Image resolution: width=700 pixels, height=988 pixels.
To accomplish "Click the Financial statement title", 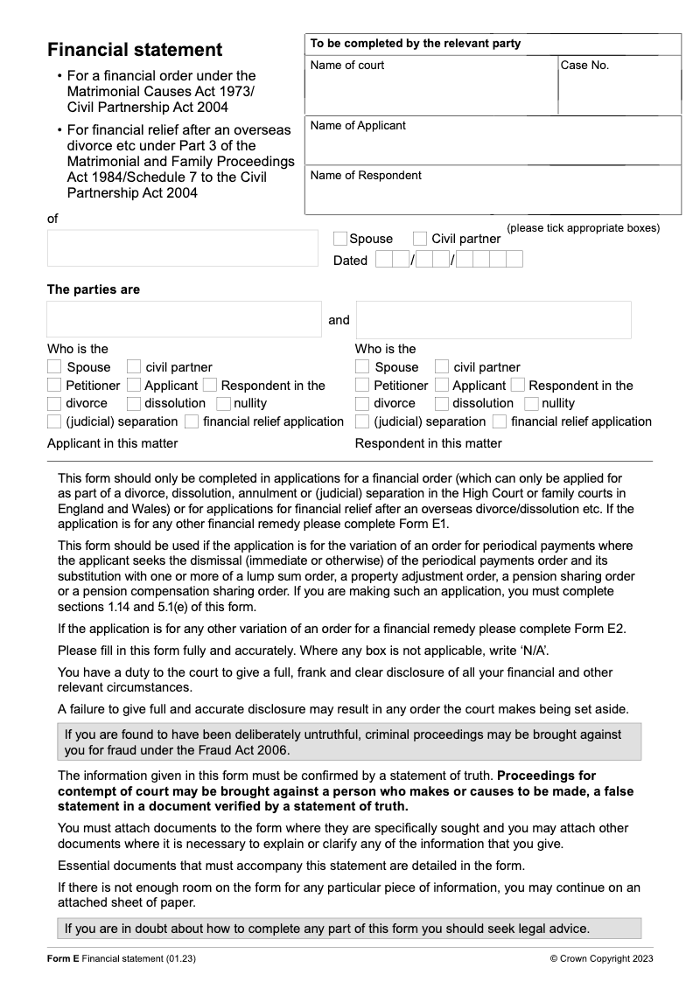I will click(135, 50).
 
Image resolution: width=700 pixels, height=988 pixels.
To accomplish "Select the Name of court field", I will click(431, 93).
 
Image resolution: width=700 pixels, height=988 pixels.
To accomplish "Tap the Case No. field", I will click(619, 93).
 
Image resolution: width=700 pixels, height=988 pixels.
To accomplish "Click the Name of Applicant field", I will click(492, 144).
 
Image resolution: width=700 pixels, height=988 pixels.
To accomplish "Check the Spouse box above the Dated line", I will click(340, 239).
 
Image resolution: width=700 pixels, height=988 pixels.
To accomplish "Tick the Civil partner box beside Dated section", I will click(420, 239).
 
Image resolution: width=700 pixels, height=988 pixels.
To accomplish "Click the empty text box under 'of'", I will click(183, 247).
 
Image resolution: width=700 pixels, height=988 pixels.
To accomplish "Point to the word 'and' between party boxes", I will click(339, 320).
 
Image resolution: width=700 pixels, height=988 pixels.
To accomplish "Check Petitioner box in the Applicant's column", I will click(54, 386).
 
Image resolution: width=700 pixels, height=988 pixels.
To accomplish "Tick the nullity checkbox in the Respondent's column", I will click(531, 403).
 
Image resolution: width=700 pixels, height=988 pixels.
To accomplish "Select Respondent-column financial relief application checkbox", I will click(499, 421).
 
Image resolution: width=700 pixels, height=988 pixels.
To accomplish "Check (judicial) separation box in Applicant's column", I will click(54, 421).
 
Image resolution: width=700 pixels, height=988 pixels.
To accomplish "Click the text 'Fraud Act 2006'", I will click(248, 750).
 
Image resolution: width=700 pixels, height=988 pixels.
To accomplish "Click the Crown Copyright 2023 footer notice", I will click(601, 958).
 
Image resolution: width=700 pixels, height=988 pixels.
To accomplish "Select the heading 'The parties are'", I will click(94, 289).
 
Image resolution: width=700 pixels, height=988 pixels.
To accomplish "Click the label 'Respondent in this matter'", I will click(428, 443).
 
